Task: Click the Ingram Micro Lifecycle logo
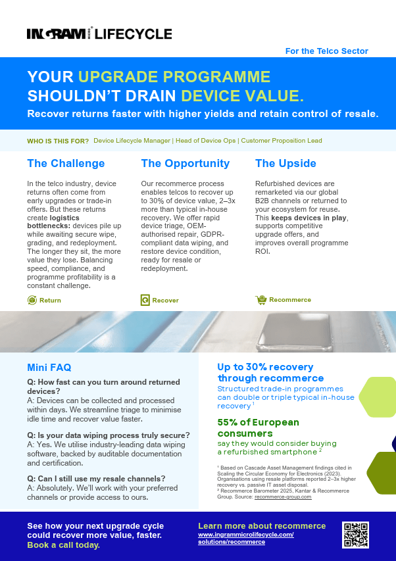coord(99,34)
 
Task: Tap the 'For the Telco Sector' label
coord(327,51)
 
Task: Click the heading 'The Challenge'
coord(66,164)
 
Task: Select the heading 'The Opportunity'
coord(186,164)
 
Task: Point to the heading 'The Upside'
coord(285,164)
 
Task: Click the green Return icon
coord(32,300)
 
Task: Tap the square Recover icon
coord(145,300)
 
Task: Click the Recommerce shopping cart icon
coord(260,300)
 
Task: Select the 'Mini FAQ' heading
coord(49,368)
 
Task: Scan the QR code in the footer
coord(355,535)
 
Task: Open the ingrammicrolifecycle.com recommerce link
coord(246,539)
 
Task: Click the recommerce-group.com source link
coord(283,497)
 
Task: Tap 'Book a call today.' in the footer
coord(63,545)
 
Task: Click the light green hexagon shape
coord(378,397)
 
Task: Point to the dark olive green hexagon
coord(382,473)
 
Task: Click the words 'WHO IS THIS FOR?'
coord(58,141)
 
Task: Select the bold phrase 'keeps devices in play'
coord(309,218)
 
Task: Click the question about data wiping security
coord(109,435)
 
